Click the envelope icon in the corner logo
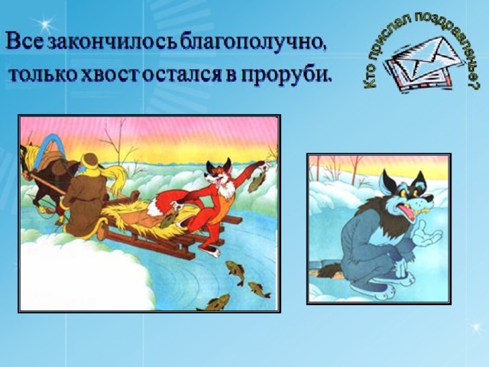(417, 63)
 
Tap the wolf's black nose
(429, 199)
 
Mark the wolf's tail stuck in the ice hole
(329, 270)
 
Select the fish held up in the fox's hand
(257, 182)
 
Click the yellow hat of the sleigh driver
(90, 162)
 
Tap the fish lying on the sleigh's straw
(169, 219)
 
